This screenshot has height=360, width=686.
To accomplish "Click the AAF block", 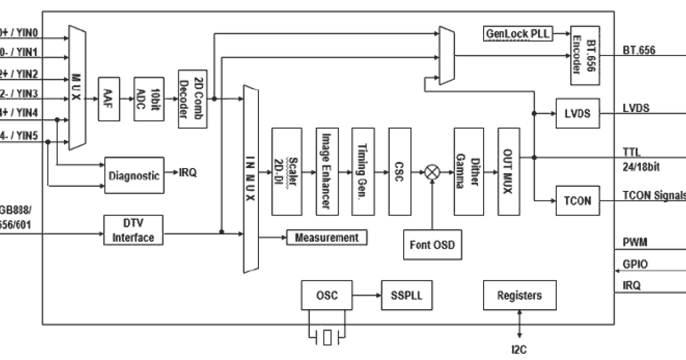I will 108,98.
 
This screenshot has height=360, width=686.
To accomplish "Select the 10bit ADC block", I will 145,98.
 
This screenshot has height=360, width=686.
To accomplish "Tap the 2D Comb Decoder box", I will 188,98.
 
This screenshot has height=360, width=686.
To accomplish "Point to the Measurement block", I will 326,237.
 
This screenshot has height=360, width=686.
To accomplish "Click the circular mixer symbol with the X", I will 432,171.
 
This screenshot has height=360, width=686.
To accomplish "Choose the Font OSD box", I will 432,245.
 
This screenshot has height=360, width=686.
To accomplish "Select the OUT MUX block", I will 507,171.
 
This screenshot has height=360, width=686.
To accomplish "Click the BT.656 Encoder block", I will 585,55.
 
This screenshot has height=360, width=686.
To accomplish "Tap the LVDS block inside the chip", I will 577,113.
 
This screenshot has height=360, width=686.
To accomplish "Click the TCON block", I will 577,202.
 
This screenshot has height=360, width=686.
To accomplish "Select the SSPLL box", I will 406,296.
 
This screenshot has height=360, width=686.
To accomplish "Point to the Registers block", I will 519,296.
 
